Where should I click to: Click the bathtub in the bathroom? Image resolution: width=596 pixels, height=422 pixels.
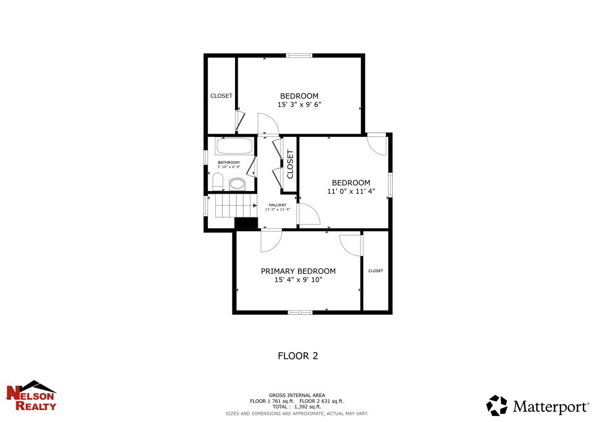click(x=234, y=147)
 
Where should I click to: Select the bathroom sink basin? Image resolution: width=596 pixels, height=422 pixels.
click(x=237, y=184)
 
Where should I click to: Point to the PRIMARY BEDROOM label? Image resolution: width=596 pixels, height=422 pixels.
click(x=298, y=271)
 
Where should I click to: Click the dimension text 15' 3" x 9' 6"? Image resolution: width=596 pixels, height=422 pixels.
click(x=299, y=104)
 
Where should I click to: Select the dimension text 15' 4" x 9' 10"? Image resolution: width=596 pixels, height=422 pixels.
click(x=298, y=280)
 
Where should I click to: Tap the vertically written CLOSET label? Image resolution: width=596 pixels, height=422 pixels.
click(x=290, y=164)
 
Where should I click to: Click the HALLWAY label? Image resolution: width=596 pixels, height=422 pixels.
click(x=278, y=205)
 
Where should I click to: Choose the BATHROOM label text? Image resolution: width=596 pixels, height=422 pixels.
click(x=229, y=162)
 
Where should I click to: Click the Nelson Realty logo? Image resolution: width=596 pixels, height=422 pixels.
click(x=31, y=396)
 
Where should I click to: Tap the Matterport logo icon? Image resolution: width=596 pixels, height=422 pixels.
click(x=497, y=405)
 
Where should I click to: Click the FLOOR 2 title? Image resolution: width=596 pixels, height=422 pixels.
click(x=298, y=355)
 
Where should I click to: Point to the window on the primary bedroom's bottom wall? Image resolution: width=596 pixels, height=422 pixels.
click(x=299, y=312)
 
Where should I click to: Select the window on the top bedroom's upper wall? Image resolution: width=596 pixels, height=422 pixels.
click(x=299, y=55)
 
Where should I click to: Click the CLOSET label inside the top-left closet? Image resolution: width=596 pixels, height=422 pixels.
click(x=221, y=96)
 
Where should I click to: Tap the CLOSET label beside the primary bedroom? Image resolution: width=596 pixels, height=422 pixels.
click(x=376, y=271)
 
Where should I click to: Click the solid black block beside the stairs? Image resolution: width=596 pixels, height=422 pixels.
click(x=246, y=223)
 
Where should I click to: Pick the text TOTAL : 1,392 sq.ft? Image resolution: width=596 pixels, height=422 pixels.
click(x=297, y=407)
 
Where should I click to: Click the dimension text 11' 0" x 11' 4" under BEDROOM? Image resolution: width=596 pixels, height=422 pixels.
click(x=351, y=191)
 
